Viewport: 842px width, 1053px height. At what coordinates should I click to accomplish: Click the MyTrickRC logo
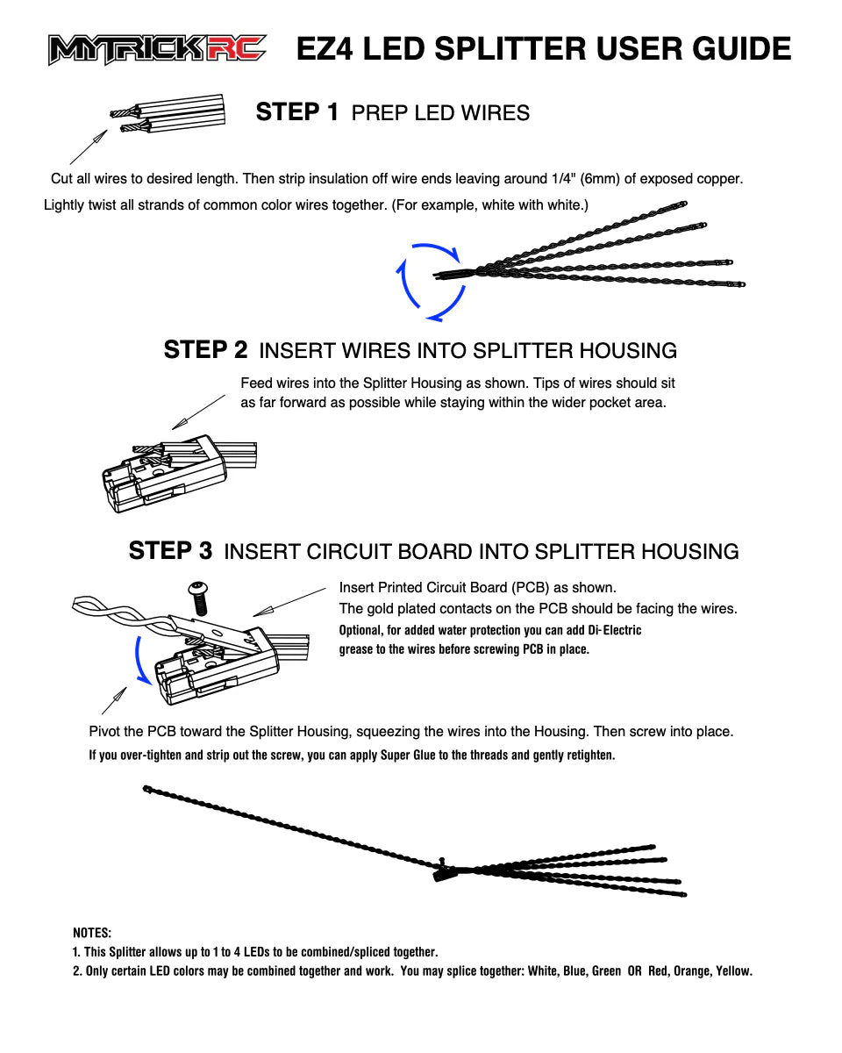158,49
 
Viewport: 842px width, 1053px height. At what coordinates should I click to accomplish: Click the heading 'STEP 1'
296,112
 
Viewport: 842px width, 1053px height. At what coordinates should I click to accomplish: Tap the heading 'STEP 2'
205,350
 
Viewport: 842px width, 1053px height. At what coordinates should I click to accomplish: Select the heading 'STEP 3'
170,551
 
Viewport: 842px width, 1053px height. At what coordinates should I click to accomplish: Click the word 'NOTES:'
92,933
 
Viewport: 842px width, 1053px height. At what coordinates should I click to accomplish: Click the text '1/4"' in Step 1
561,179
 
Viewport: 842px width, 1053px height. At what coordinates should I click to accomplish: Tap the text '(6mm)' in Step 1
601,179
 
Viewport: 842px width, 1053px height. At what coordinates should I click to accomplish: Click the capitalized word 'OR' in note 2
635,971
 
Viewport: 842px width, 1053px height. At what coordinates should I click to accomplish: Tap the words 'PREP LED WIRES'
440,113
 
